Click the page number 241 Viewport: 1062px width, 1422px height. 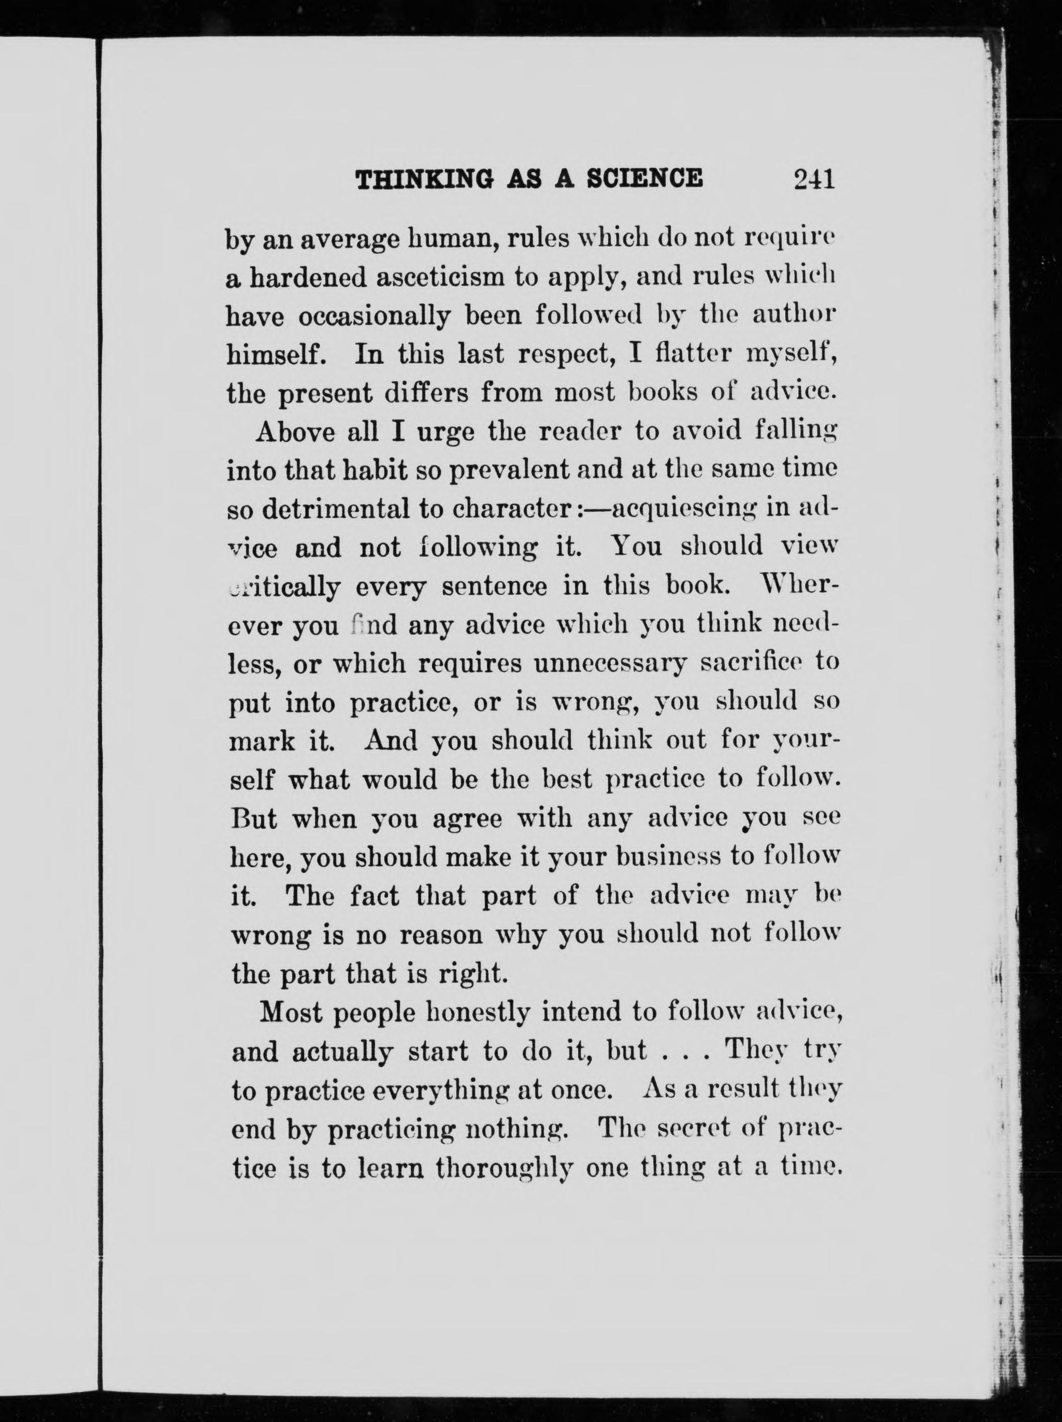pyautogui.click(x=814, y=178)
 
